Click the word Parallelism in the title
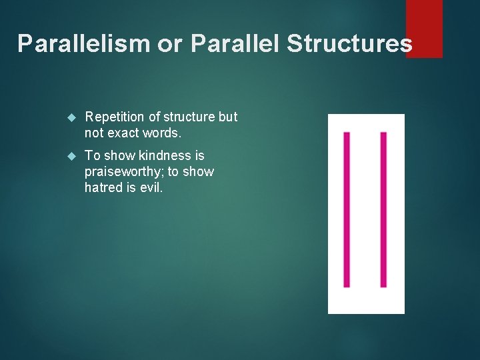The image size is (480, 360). (84, 43)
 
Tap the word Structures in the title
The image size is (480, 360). (349, 43)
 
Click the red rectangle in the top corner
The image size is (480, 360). (424, 28)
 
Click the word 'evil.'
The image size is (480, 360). (150, 188)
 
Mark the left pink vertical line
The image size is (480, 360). (347, 209)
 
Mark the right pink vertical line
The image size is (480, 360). (383, 209)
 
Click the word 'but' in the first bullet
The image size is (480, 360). (227, 117)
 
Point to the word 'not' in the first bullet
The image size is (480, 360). (94, 133)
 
